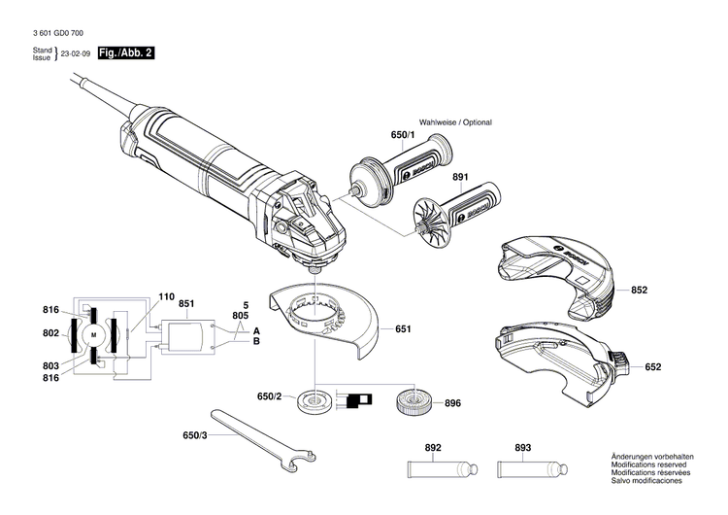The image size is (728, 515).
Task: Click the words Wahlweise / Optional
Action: point(454,122)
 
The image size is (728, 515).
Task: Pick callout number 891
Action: point(459,178)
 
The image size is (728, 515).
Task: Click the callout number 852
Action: point(639,291)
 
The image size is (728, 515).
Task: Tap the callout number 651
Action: point(403,329)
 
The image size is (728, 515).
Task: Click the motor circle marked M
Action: point(94,334)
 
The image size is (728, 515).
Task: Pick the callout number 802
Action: point(50,333)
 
